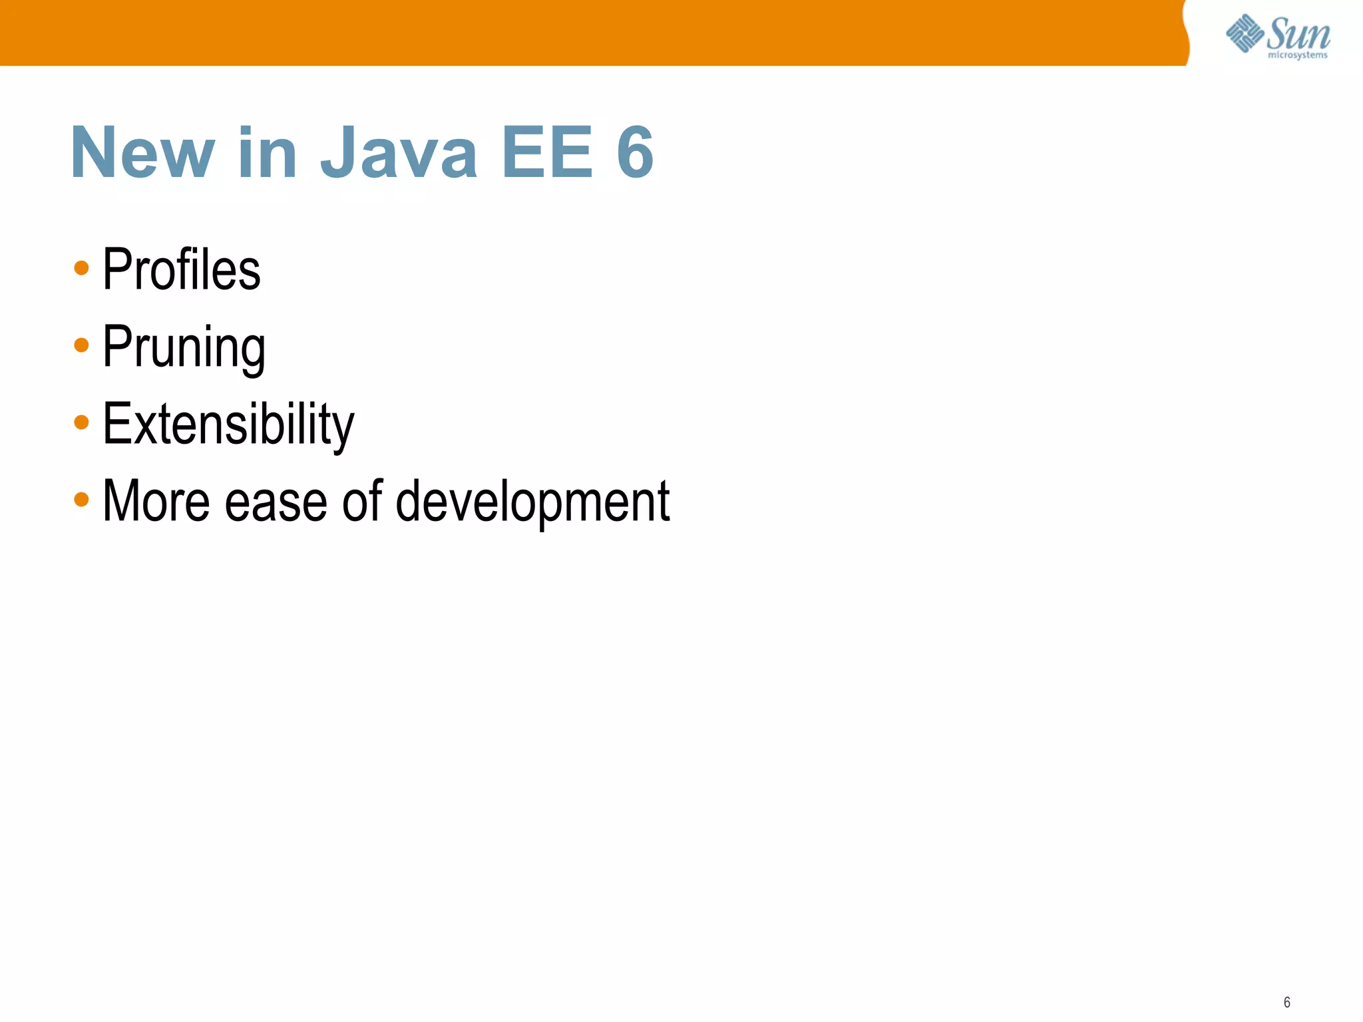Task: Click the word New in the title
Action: coord(142,153)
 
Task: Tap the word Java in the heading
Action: coord(399,153)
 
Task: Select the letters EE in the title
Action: coord(547,153)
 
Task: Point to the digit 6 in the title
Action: coord(635,153)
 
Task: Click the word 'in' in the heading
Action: coord(267,153)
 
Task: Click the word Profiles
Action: coord(181,269)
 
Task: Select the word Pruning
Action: coord(184,347)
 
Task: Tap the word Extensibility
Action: coord(228,424)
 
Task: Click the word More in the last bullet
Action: coord(156,501)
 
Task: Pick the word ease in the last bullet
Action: coord(276,502)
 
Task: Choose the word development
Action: coord(532,502)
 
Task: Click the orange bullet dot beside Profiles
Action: coord(81,268)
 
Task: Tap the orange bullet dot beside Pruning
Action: coord(81,345)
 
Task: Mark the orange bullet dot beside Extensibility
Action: coord(81,422)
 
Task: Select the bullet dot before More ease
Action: coord(81,499)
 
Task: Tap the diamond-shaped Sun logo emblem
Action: coord(1245,33)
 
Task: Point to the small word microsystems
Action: coord(1297,55)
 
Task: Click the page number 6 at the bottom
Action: coord(1286,1002)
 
